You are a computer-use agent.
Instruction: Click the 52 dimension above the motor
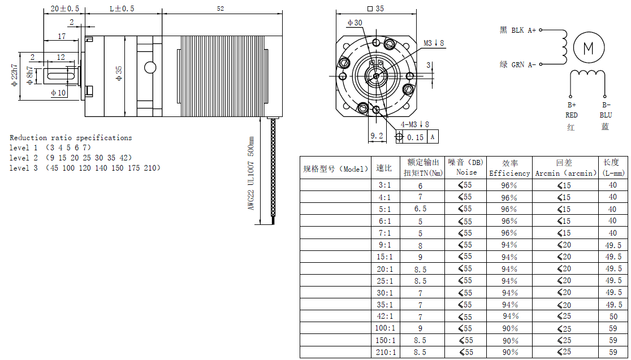click(x=220, y=8)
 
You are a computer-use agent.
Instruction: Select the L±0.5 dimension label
click(x=122, y=8)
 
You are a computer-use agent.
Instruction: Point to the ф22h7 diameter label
click(x=15, y=75)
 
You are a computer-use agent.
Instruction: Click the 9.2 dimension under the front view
click(x=376, y=136)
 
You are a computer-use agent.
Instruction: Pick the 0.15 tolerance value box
click(x=416, y=137)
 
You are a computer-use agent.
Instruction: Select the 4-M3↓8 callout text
click(x=414, y=125)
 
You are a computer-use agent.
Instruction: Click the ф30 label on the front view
click(x=355, y=23)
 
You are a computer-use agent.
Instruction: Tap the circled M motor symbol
click(x=589, y=48)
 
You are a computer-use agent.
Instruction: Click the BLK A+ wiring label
click(x=524, y=30)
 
